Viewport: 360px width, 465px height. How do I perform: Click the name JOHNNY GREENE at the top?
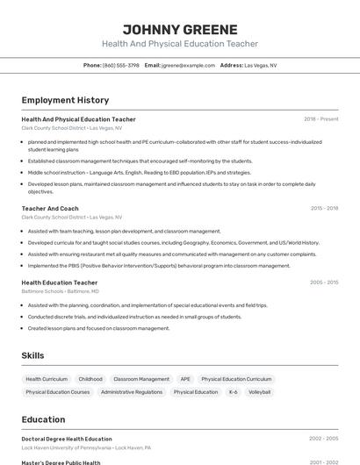[x=180, y=30]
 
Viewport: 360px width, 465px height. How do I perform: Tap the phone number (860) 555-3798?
[x=120, y=65]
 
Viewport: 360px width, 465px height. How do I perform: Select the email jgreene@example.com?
[x=187, y=65]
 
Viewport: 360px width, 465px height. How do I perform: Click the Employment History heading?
[x=65, y=100]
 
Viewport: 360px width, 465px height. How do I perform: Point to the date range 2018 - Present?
[x=320, y=119]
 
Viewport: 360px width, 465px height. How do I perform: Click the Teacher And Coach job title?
[x=50, y=209]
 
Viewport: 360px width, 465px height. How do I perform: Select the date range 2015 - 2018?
[x=324, y=209]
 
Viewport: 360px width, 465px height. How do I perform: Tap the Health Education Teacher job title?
[x=60, y=283]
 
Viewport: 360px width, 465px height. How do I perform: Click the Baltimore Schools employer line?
[x=60, y=290]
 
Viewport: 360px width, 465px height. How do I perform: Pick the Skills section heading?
[x=32, y=355]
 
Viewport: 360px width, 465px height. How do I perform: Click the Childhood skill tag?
[x=90, y=379]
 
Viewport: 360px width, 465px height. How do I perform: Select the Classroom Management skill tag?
[x=141, y=379]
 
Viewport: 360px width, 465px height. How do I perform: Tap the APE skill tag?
[x=185, y=379]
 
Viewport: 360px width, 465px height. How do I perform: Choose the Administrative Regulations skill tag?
[x=132, y=392]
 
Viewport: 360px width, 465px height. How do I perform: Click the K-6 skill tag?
[x=234, y=392]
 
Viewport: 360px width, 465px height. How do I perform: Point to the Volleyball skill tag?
[x=259, y=392]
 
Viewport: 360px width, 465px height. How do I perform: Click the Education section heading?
[x=43, y=419]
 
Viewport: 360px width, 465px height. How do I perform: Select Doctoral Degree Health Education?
[x=67, y=439]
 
